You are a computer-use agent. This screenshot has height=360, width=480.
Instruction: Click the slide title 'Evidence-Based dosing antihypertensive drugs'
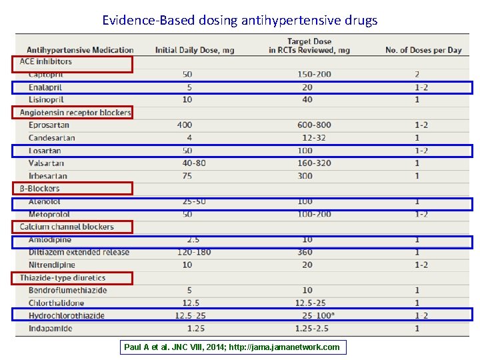[240, 20]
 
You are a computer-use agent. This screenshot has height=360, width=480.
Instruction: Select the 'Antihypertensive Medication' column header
[80, 50]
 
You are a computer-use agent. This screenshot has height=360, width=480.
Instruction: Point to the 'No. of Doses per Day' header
[423, 50]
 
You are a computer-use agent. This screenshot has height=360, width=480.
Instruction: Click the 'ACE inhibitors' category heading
[46, 62]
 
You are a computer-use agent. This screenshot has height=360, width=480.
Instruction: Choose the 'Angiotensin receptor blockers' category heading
[75, 113]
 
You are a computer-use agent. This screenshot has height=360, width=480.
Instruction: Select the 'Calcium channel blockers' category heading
[67, 227]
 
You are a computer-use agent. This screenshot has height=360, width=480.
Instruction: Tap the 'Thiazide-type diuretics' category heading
[63, 278]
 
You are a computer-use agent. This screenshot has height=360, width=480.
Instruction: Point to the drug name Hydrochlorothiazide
[67, 316]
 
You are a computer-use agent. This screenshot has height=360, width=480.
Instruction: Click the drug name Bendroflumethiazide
[68, 291]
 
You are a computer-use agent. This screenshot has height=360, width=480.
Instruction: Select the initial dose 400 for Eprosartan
[185, 125]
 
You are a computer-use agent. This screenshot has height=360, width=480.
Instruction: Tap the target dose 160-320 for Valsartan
[314, 163]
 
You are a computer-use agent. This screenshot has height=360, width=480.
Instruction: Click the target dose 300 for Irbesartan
[305, 176]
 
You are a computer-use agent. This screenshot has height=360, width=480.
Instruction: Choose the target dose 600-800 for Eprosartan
[314, 125]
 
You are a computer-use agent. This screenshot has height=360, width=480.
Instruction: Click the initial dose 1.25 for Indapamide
[195, 329]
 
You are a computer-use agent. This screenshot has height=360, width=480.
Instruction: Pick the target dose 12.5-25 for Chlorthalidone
[311, 303]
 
